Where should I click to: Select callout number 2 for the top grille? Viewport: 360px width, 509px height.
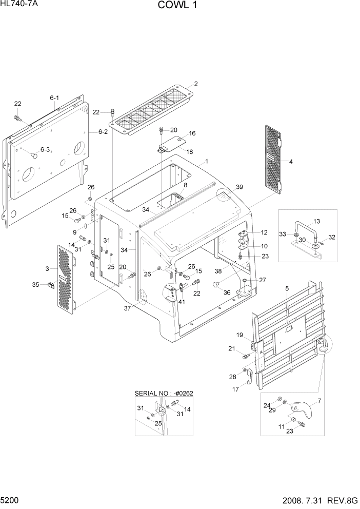tap(195, 84)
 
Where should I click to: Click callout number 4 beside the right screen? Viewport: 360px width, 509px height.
tap(291, 162)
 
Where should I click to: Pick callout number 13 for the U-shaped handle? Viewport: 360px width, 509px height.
tap(316, 221)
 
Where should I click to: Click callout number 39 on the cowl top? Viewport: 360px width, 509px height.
tap(239, 187)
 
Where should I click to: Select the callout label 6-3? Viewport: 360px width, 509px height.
tap(45, 150)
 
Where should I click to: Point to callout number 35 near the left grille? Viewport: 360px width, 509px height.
tap(35, 284)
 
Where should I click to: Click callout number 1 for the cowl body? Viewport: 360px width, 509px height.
tap(206, 161)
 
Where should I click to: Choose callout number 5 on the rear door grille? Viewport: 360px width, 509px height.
tap(287, 289)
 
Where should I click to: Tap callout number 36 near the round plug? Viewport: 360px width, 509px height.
tap(226, 292)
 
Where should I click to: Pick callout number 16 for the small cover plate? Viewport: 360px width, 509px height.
tap(192, 133)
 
